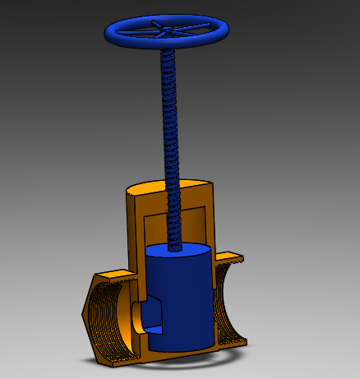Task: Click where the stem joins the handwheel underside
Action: coord(168,49)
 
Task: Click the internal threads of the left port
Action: coord(111,321)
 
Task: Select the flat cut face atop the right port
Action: coord(231,259)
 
